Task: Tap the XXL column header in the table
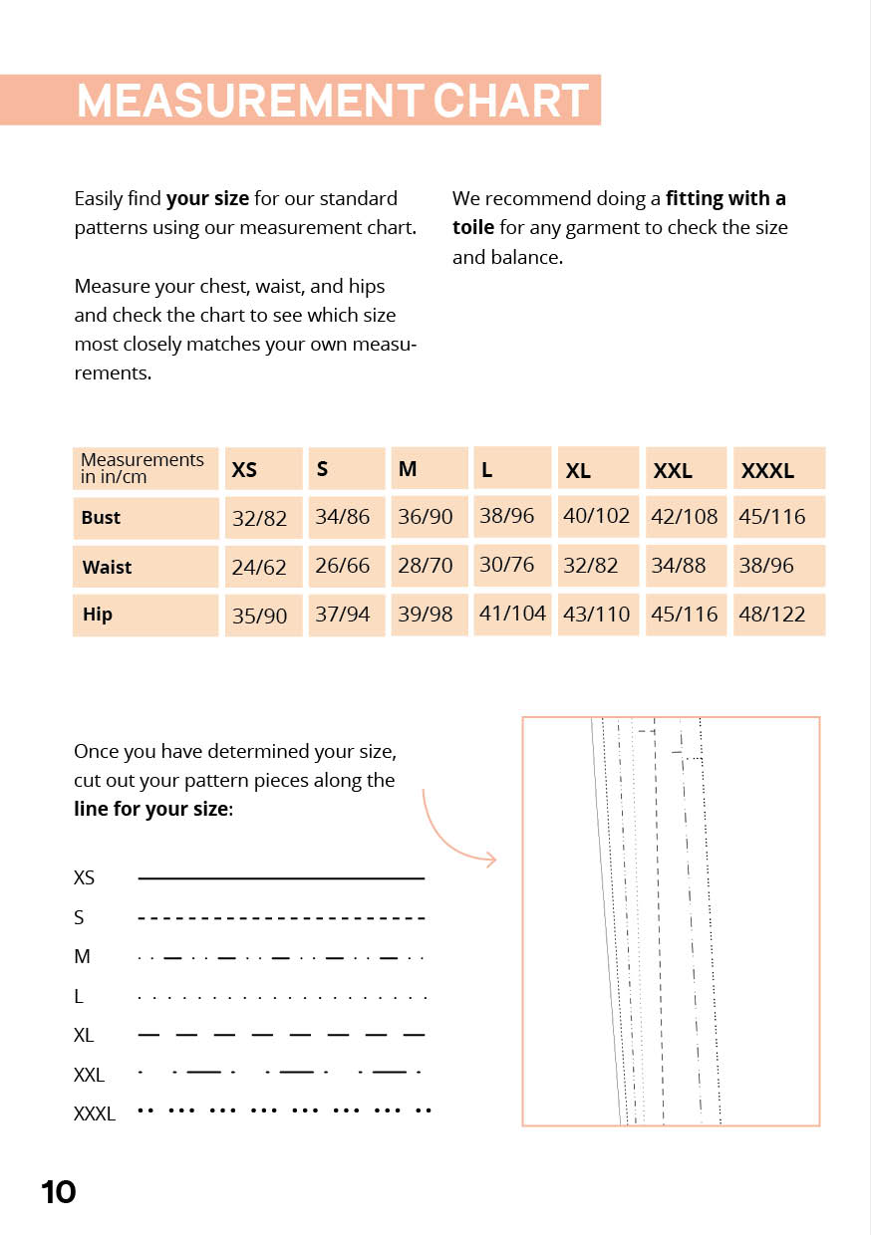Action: click(x=673, y=471)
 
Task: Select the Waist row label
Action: click(x=108, y=567)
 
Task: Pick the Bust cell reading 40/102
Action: click(x=597, y=517)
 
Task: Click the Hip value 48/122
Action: click(x=771, y=615)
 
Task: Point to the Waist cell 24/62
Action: click(x=259, y=568)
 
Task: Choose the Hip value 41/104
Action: click(x=512, y=614)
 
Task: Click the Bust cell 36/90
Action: click(x=426, y=517)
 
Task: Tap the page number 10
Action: click(x=59, y=1192)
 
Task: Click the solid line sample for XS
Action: click(x=281, y=878)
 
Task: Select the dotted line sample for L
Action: click(x=281, y=997)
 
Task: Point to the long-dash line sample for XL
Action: click(x=281, y=1036)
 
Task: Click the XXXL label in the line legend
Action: click(x=95, y=1114)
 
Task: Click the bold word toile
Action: click(x=473, y=227)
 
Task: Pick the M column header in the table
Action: click(x=408, y=468)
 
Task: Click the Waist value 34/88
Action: click(x=678, y=566)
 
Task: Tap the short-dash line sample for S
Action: click(x=281, y=918)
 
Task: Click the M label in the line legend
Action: click(x=82, y=957)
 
